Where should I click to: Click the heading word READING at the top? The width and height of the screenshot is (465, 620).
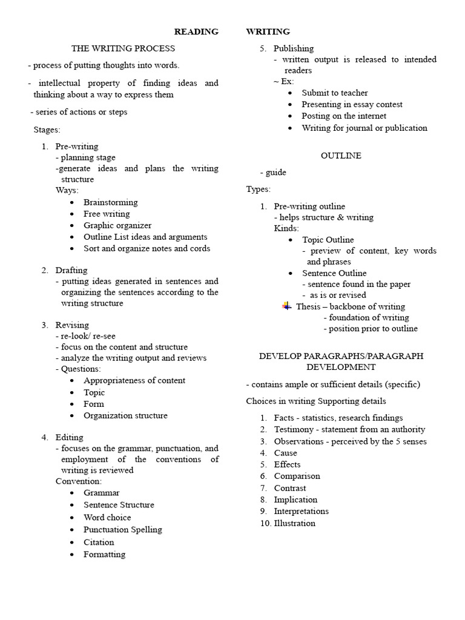tap(196, 31)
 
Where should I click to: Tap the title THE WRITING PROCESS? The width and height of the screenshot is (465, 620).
tap(123, 48)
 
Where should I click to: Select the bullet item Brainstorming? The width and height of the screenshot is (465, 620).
tap(110, 202)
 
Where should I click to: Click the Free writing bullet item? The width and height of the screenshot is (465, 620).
tap(107, 214)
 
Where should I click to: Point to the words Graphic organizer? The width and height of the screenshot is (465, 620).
tap(117, 225)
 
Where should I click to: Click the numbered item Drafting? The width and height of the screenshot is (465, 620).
tap(71, 270)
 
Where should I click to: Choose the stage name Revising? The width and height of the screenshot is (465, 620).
tap(72, 325)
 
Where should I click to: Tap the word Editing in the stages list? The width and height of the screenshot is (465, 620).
tap(70, 437)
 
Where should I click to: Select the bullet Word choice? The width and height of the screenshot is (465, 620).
tap(107, 517)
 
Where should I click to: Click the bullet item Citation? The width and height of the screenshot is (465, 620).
tap(99, 542)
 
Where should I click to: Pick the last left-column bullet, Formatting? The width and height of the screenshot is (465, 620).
tap(105, 554)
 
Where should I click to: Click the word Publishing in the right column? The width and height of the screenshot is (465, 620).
tap(294, 48)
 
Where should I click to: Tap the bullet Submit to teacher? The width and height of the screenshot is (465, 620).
tap(335, 93)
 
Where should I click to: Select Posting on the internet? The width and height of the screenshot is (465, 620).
tap(344, 116)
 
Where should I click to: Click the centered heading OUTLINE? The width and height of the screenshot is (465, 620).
tap(341, 156)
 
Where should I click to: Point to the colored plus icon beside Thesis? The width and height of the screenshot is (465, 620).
tap(287, 306)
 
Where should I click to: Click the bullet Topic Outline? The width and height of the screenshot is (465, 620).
tap(328, 240)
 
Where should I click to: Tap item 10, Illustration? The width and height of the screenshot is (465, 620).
tap(294, 523)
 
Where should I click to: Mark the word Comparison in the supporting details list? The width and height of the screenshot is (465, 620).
tap(297, 476)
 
